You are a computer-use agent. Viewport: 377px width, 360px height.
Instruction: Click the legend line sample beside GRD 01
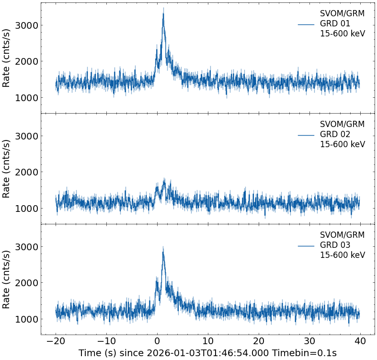(306, 24)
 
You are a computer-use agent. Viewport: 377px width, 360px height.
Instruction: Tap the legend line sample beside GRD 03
(306, 245)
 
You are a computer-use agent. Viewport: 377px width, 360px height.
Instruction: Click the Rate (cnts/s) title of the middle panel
(7, 169)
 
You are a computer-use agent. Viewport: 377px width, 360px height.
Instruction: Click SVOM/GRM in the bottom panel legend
(342, 235)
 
